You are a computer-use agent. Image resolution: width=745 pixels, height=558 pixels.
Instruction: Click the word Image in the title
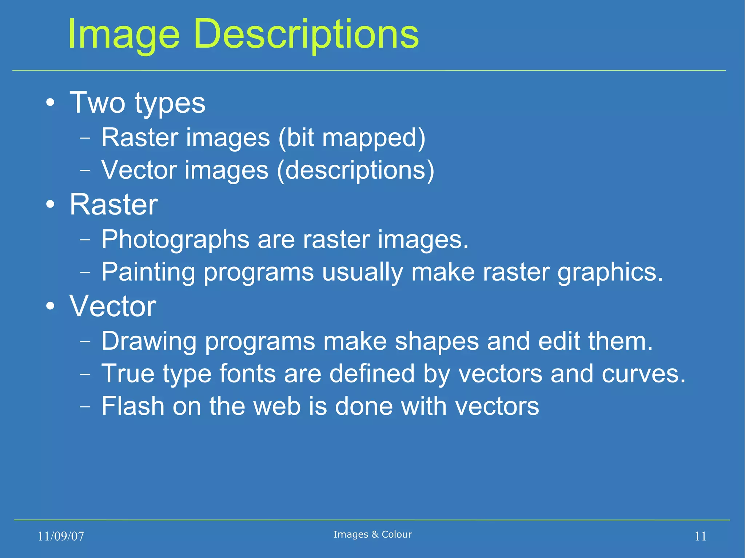click(124, 35)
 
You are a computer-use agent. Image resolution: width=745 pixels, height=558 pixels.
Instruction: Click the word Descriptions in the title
click(306, 35)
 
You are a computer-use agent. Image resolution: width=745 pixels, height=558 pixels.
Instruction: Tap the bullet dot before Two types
click(51, 103)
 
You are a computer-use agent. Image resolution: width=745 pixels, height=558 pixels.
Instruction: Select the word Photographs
click(175, 240)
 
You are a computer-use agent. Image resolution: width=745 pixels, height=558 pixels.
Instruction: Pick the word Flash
click(133, 406)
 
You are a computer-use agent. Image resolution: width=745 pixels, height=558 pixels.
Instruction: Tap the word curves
click(644, 374)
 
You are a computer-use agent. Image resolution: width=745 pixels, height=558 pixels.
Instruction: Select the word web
click(277, 406)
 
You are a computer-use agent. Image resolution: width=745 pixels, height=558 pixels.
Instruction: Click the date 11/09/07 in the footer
click(61, 536)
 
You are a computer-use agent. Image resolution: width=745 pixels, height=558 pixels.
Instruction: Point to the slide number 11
click(700, 536)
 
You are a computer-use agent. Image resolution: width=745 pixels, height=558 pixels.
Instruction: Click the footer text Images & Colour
click(372, 534)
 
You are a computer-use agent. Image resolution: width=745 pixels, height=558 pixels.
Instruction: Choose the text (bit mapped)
click(352, 138)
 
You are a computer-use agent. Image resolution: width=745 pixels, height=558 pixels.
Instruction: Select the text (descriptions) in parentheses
click(355, 170)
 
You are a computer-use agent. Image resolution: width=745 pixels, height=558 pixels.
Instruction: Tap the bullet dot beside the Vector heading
click(51, 306)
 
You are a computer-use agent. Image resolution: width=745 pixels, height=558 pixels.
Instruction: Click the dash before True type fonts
click(85, 374)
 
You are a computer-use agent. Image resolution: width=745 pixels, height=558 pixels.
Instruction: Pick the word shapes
click(437, 341)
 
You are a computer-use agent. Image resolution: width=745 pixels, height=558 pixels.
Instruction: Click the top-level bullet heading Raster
click(113, 205)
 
